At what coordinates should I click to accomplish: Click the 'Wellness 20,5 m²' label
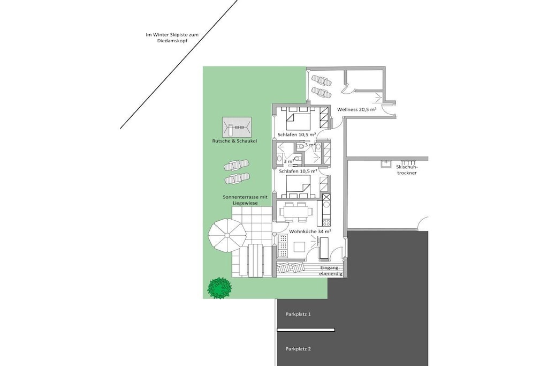click(356, 109)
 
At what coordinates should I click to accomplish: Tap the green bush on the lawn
click(220, 288)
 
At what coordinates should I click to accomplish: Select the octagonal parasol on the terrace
click(227, 235)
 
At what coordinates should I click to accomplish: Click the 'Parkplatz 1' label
click(298, 314)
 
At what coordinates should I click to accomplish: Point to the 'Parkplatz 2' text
click(298, 349)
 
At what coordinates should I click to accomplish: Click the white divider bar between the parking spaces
click(306, 330)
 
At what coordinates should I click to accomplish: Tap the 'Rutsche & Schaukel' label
click(234, 141)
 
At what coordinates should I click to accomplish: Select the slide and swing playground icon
click(237, 128)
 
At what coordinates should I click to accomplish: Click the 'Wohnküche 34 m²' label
click(310, 231)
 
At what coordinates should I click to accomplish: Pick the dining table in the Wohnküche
click(294, 212)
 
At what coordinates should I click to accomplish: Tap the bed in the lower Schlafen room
click(298, 187)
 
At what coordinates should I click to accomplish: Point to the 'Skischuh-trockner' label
click(407, 170)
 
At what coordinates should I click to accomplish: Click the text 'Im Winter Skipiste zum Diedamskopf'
click(172, 38)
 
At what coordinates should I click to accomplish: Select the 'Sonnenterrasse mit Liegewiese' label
click(245, 200)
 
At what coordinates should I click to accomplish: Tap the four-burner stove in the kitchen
click(326, 222)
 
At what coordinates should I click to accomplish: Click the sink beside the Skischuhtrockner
click(386, 163)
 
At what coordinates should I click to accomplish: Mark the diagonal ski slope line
click(179, 64)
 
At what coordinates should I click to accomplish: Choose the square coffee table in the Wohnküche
click(300, 247)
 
